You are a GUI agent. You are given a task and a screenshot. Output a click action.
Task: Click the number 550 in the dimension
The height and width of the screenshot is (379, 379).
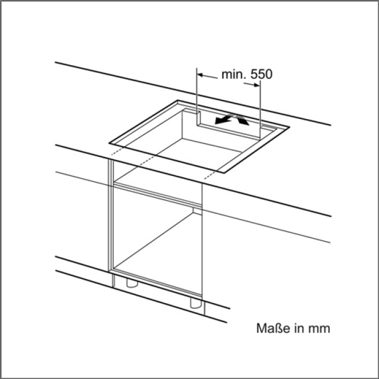click(261, 74)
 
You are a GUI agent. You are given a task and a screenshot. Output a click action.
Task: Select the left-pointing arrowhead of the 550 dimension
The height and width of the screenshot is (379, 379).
click(200, 75)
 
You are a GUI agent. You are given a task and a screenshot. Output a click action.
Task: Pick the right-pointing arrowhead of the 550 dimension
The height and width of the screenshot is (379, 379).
click(256, 85)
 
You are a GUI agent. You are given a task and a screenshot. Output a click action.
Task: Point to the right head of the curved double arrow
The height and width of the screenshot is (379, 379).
click(243, 121)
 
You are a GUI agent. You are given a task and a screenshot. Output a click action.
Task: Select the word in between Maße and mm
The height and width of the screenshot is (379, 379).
click(298, 328)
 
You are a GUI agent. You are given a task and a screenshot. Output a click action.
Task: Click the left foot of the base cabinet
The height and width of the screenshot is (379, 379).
click(132, 283)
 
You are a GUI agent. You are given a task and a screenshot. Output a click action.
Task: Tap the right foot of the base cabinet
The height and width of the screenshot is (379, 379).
click(195, 303)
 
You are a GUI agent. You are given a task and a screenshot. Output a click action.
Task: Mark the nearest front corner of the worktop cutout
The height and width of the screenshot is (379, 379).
click(224, 173)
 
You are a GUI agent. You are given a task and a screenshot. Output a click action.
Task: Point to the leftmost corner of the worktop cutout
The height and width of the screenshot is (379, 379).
click(109, 143)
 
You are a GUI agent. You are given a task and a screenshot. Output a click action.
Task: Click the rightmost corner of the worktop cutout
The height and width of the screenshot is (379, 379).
click(290, 127)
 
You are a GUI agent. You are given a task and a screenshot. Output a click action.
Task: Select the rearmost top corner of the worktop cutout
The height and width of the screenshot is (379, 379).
click(178, 100)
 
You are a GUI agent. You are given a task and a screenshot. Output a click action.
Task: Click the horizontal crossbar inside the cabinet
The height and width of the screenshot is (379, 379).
click(158, 195)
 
